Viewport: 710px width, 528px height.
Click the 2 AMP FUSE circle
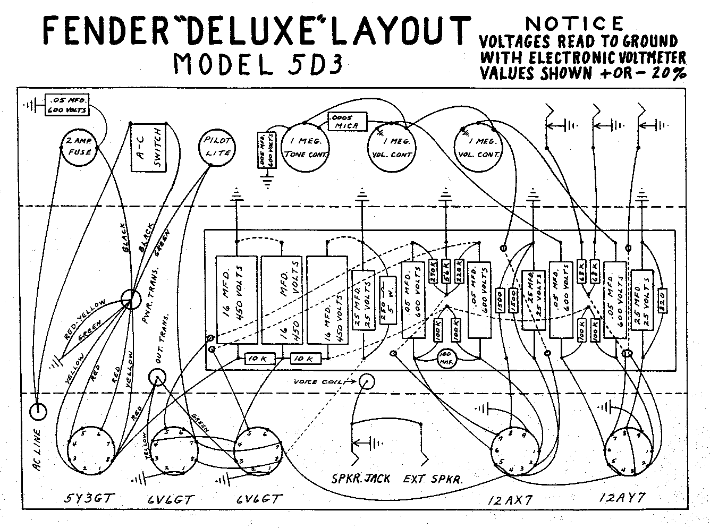click(79, 146)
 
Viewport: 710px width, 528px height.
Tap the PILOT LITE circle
click(217, 147)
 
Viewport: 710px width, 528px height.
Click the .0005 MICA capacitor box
click(348, 121)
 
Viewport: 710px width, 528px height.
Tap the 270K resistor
click(433, 272)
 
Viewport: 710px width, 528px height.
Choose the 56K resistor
click(446, 272)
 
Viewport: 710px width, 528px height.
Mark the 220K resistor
click(459, 272)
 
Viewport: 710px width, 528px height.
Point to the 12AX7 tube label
click(511, 499)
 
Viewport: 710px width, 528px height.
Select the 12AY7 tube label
click(622, 498)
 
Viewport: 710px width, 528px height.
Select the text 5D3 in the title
click(312, 64)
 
